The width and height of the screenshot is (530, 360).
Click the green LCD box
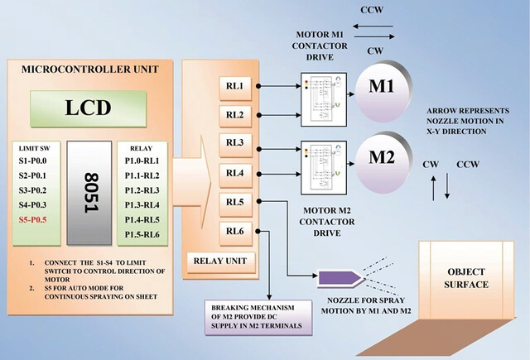click(89, 108)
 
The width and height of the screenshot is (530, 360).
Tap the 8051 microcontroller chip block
click(89, 193)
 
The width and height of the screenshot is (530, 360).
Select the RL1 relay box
click(235, 89)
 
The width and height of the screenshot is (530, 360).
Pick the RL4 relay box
click(235, 175)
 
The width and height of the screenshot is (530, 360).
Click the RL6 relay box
click(235, 233)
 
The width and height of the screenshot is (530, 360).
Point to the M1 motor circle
click(383, 90)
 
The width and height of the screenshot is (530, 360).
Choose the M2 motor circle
click(383, 162)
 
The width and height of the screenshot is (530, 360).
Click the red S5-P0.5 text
click(33, 220)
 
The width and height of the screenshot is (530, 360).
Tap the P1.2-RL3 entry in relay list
click(142, 190)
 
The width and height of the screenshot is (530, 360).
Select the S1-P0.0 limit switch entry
click(33, 161)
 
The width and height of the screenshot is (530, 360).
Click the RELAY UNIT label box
click(221, 262)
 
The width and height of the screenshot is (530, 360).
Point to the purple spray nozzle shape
click(340, 278)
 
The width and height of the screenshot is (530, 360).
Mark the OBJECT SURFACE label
click(466, 278)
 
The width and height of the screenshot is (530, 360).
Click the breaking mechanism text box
click(258, 318)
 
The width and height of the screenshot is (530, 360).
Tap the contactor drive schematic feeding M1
click(324, 99)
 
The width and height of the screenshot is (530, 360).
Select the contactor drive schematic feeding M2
click(324, 168)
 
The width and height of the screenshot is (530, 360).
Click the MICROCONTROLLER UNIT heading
click(90, 70)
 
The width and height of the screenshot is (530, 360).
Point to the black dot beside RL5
click(259, 201)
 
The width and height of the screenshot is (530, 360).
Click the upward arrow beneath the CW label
click(433, 188)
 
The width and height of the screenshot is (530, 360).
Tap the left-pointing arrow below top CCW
click(373, 26)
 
